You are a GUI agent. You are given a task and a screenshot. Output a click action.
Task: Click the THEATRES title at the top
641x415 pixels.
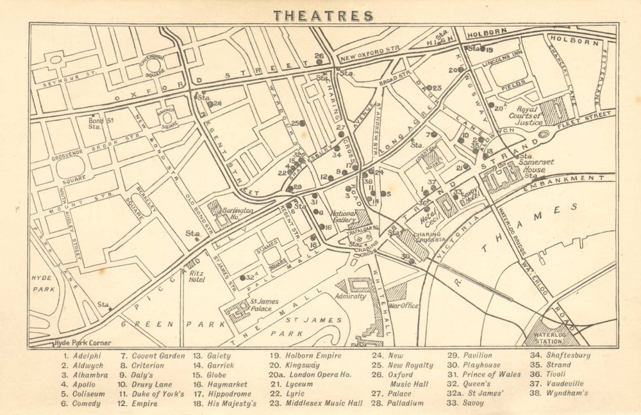[x=323, y=15]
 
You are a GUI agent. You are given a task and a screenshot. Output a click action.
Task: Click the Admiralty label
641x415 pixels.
[x=350, y=297]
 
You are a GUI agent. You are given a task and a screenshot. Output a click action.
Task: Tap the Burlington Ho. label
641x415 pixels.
[x=238, y=213]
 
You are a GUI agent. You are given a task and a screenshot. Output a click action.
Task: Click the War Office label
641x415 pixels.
[x=403, y=305]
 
